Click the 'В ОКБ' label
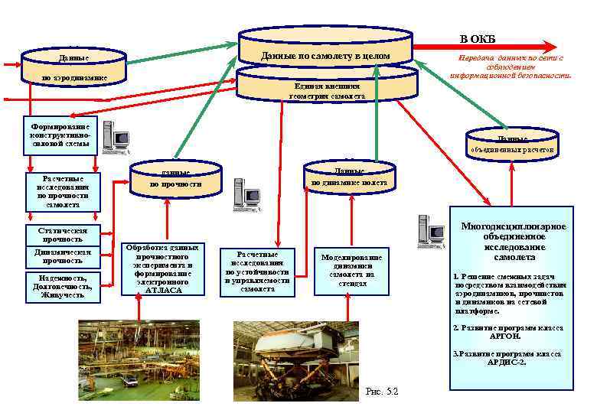click(477, 39)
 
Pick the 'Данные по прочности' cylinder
click(175, 179)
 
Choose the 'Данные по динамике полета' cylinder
click(349, 177)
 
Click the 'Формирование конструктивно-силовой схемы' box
click(60, 135)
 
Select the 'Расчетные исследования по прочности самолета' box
click(62, 190)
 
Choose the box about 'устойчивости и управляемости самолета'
click(257, 271)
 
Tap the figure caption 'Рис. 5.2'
click(383, 392)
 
